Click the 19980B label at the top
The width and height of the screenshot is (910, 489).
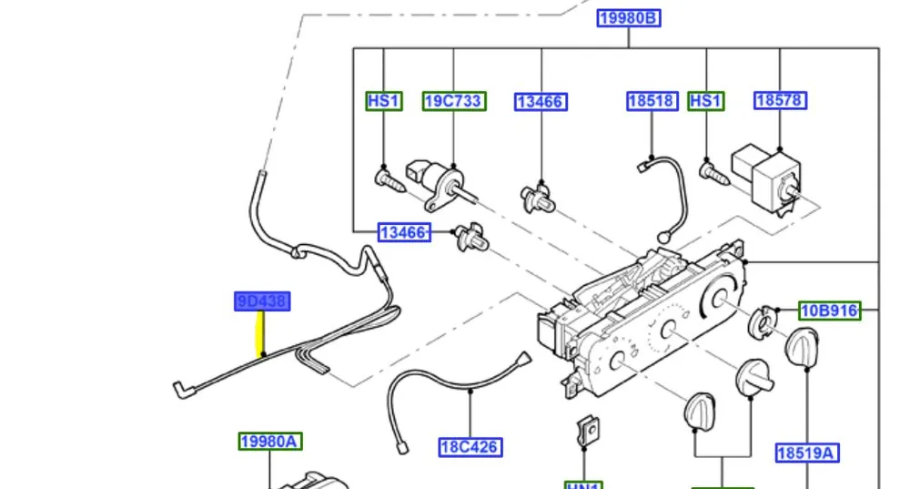tap(628, 17)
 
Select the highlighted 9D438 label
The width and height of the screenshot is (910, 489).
tap(262, 301)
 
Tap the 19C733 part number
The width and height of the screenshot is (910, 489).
tap(452, 101)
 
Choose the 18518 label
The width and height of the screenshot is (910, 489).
tap(652, 101)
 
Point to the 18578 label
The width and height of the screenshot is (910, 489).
tap(780, 101)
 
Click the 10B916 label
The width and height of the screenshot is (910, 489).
tap(829, 311)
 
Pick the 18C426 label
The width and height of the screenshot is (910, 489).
tap(470, 446)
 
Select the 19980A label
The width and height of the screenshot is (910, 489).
tap(269, 443)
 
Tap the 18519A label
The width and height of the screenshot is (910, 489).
tap(807, 453)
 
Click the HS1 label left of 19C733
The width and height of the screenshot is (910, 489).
tap(383, 101)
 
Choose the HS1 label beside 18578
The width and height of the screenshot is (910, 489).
tap(706, 101)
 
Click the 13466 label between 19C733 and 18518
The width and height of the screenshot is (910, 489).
tap(541, 102)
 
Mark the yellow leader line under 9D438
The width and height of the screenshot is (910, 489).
tap(262, 334)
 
